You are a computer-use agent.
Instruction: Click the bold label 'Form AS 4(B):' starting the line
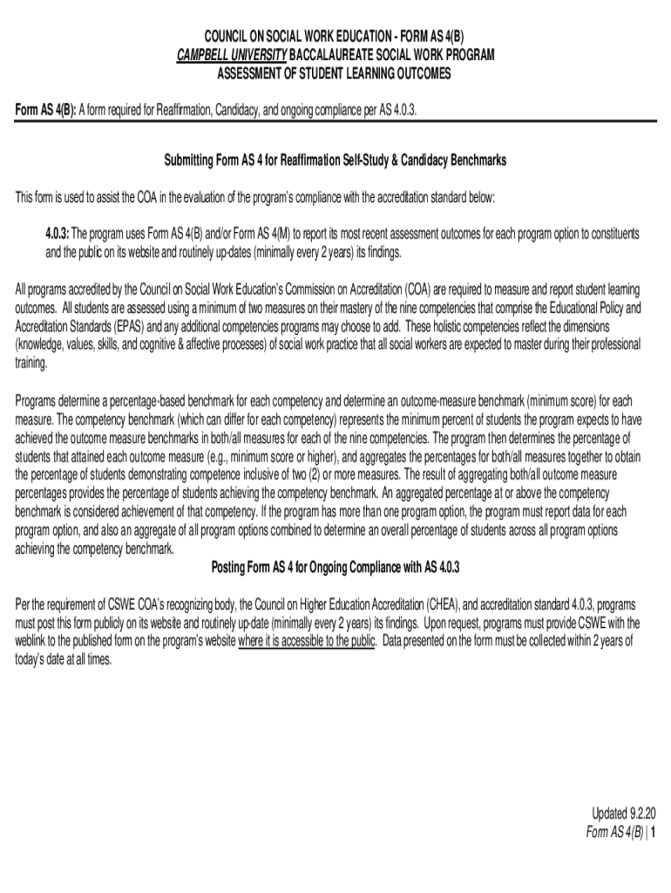coord(46,110)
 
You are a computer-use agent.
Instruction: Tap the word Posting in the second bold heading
coord(232,568)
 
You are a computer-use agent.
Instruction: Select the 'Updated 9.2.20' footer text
coord(624,813)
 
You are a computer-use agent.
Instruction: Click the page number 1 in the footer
coord(653,832)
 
